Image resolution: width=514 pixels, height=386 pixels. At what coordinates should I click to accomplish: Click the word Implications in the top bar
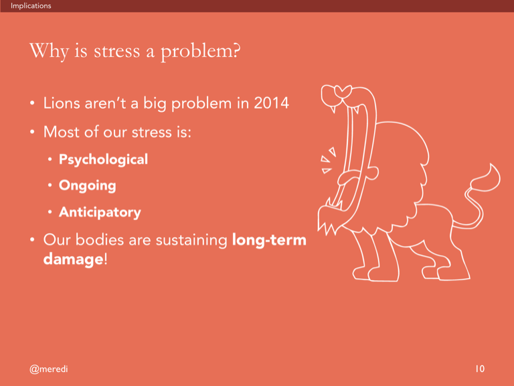31,6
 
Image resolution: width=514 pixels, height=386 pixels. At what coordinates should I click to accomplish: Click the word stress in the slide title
116,52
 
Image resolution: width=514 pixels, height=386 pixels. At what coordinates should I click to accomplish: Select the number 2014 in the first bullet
272,103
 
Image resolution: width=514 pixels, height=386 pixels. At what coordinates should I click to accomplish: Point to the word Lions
62,103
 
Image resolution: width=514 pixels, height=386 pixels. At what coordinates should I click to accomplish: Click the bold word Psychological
103,160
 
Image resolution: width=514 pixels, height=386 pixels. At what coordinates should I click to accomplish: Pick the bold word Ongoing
88,186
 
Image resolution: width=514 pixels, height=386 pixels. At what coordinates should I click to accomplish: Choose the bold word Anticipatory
100,212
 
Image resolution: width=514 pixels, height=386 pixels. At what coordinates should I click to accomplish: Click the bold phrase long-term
269,240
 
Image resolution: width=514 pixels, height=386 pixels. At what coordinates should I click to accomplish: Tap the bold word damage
74,259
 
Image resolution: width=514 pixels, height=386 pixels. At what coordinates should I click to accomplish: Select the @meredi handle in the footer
48,369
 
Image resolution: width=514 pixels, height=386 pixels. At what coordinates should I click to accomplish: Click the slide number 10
480,369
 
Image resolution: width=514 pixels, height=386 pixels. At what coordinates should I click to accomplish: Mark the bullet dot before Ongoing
50,186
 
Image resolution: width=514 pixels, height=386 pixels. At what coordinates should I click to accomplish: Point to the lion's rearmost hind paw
454,273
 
